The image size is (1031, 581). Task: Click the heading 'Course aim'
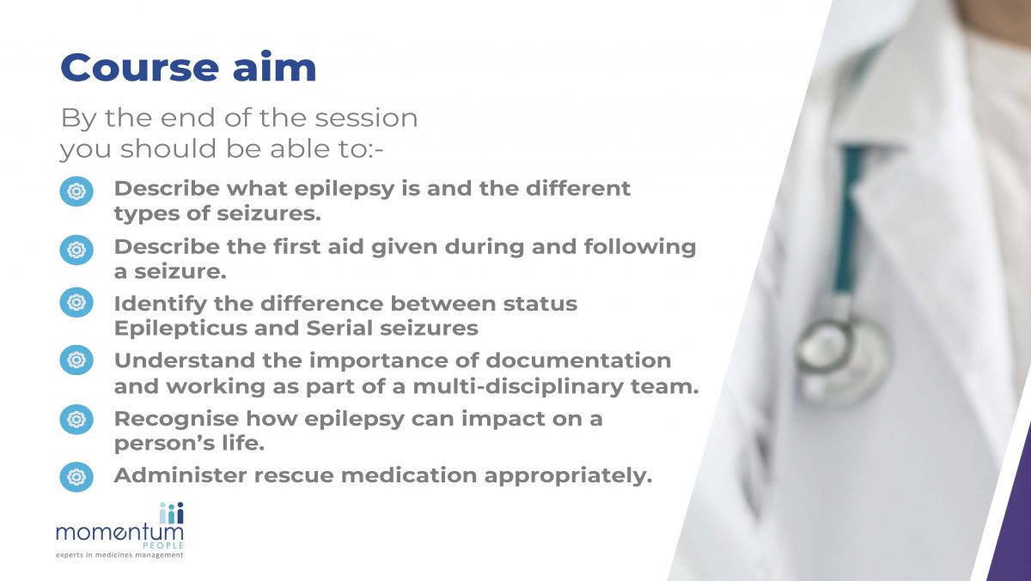tap(188, 68)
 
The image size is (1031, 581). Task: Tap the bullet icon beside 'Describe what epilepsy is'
tap(76, 191)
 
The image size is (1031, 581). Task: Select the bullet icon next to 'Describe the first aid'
tap(76, 250)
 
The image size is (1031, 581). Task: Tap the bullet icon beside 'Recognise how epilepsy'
tap(76, 420)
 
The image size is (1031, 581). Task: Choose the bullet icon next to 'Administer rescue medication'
tap(76, 476)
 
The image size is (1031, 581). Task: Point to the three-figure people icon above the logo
tap(171, 512)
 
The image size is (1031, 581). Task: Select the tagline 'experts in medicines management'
tap(119, 555)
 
